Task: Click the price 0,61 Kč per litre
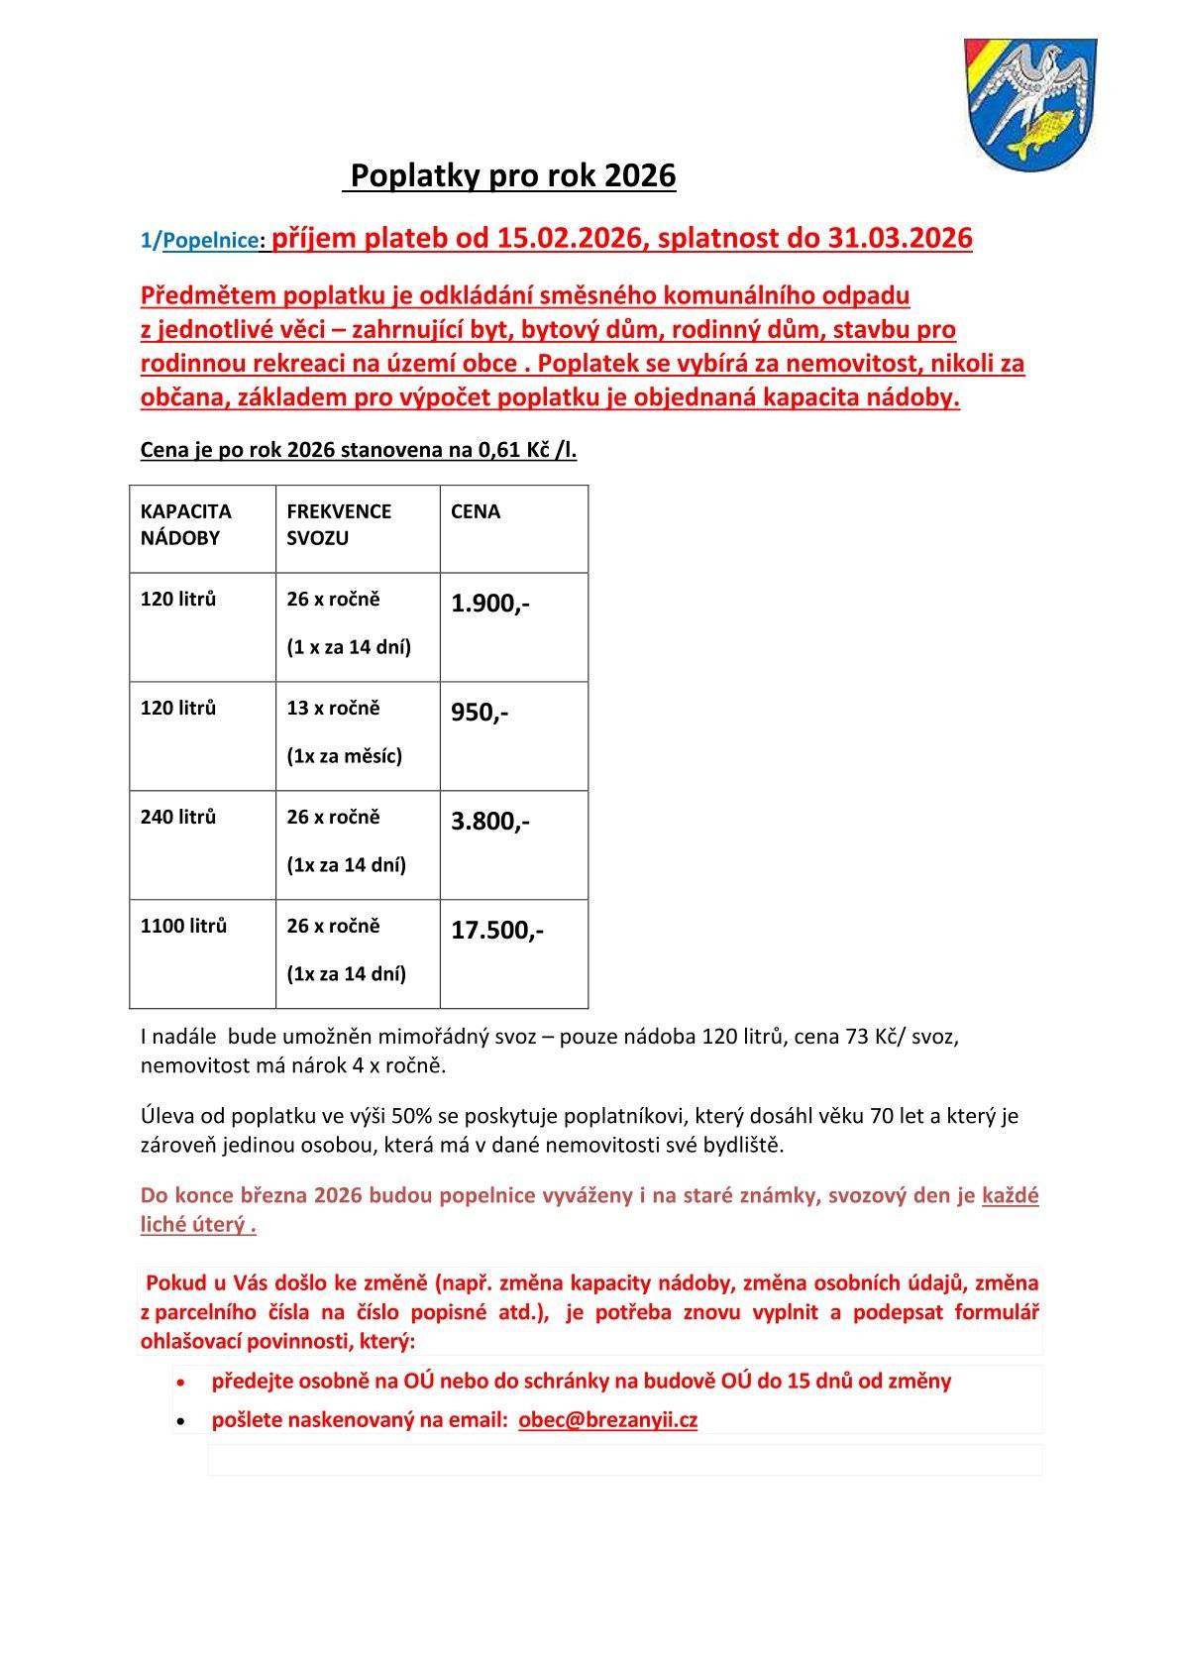[514, 451]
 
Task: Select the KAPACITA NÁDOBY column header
[186, 524]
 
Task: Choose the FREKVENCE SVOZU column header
[339, 524]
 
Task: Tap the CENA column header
[476, 511]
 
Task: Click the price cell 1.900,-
[490, 604]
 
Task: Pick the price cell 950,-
[480, 713]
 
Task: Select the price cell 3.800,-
[490, 822]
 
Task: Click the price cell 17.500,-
[497, 931]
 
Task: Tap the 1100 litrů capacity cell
[184, 926]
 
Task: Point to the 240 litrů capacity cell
[178, 817]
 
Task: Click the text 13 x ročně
[333, 709]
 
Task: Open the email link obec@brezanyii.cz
[607, 1419]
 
